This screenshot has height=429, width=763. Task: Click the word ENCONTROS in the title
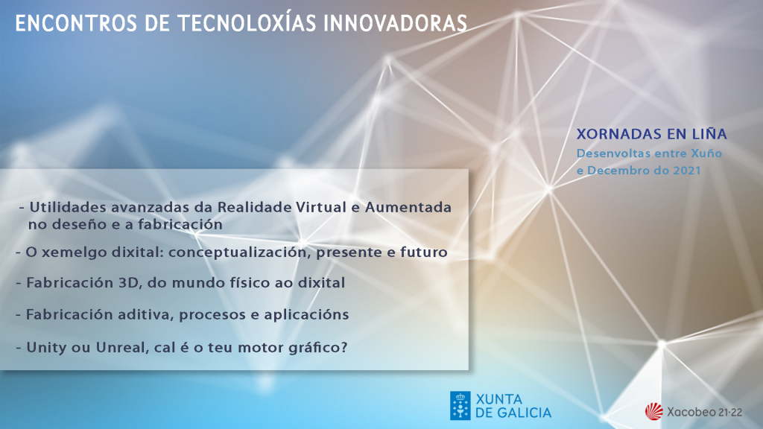tap(76, 23)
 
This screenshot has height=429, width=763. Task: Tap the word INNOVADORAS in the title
tap(395, 23)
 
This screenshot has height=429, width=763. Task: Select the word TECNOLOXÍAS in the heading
tap(247, 22)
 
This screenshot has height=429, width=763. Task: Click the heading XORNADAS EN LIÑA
tap(651, 134)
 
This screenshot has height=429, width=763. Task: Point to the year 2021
tap(686, 171)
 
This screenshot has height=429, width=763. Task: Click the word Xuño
tap(706, 153)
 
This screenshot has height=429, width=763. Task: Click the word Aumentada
tap(408, 207)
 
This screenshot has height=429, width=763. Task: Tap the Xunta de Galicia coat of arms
tap(460, 406)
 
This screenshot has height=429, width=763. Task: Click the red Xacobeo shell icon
tap(654, 411)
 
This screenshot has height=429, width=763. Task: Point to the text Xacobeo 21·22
tap(705, 412)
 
